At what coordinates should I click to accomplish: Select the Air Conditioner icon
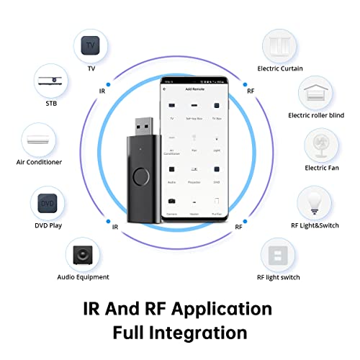(40, 137)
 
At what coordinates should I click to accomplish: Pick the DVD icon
(46, 204)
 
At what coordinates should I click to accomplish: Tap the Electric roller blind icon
(315, 92)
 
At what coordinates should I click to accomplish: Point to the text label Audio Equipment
(83, 276)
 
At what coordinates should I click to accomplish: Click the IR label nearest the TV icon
(102, 91)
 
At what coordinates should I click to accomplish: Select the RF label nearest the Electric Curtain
(250, 91)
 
